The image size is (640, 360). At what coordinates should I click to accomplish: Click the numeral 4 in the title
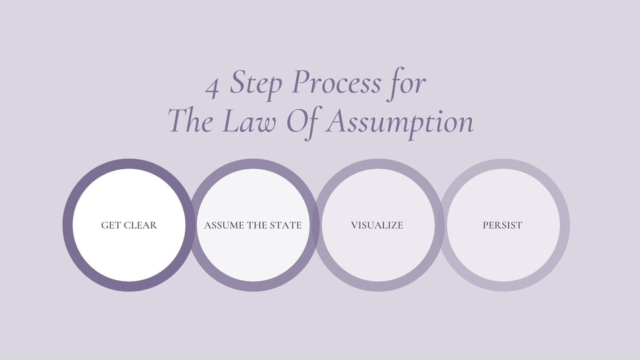212,87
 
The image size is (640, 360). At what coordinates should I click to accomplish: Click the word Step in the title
256,83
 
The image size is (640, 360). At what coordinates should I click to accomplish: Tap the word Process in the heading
336,82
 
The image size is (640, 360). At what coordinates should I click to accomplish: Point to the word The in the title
190,121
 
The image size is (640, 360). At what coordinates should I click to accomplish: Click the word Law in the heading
249,122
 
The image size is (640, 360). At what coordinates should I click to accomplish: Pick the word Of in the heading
301,122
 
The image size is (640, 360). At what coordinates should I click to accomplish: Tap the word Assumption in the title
400,122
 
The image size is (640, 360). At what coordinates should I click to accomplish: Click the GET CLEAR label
129,225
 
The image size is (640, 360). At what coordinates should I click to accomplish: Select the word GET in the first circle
111,225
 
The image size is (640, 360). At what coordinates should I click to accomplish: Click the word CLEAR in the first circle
140,225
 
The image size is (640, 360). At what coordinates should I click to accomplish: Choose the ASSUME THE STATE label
253,225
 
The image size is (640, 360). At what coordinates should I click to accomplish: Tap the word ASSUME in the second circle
223,225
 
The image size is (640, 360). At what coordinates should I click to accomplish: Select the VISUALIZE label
377,225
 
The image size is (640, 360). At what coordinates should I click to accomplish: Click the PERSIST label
502,225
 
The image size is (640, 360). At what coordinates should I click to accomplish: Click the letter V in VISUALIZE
354,225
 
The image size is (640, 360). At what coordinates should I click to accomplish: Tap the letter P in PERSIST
486,225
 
